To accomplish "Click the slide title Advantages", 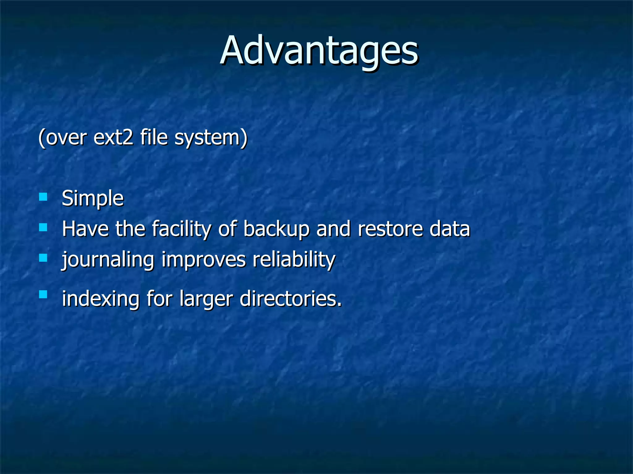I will (319, 51).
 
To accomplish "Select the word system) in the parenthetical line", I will (211, 138).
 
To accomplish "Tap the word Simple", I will (93, 198).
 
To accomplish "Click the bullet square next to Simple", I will (43, 197).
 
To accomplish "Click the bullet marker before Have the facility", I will (43, 228).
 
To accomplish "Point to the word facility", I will (181, 229).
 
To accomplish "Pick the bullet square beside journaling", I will (43, 258).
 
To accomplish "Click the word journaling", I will (108, 260).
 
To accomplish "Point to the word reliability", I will (294, 260).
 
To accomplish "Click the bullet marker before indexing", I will (43, 294).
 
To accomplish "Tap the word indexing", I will (101, 299).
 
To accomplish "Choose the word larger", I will (206, 299).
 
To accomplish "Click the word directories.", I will (291, 299).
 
